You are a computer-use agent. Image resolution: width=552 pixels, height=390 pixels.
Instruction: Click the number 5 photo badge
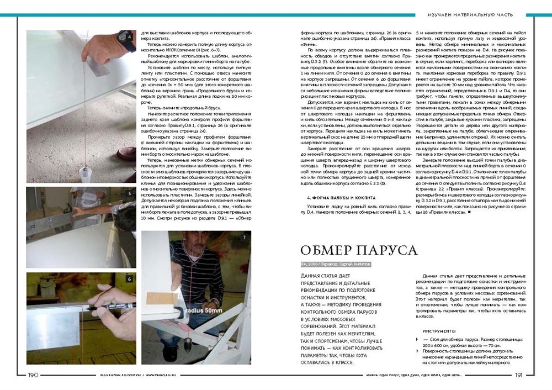pyautogui.click(x=129, y=194)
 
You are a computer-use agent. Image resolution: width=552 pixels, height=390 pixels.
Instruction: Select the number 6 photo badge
pyautogui.click(x=129, y=279)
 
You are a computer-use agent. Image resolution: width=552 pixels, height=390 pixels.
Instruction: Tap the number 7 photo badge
pyautogui.click(x=244, y=238)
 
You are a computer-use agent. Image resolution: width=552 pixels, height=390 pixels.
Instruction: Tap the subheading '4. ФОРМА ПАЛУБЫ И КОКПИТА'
pyautogui.click(x=331, y=197)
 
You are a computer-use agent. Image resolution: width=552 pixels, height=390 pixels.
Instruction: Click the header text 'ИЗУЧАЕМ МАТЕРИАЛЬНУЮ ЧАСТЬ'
pyautogui.click(x=471, y=14)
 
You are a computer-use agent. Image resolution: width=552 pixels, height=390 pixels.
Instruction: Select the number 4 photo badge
pyautogui.click(x=129, y=37)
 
